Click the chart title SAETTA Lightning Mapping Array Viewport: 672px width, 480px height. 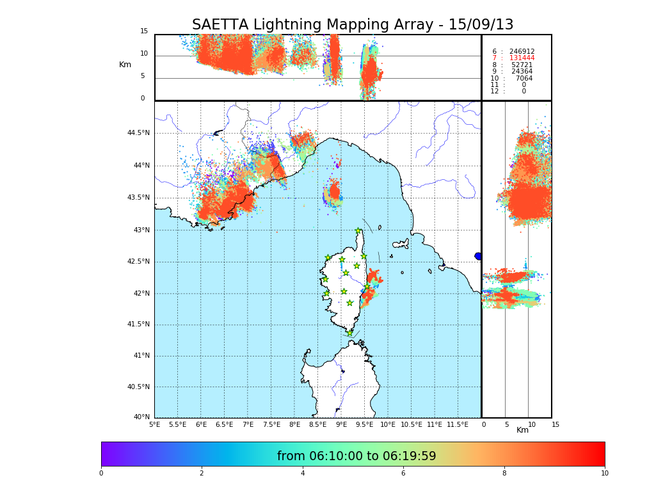point(353,25)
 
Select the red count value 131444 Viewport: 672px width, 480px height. point(522,58)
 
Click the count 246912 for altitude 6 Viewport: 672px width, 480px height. point(522,51)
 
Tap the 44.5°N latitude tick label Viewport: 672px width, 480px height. point(138,133)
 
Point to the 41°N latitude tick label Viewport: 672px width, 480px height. point(141,356)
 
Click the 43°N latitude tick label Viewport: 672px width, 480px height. point(141,230)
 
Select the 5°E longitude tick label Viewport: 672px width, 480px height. point(154,424)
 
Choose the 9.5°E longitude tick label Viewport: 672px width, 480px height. point(365,424)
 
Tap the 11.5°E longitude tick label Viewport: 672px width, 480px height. point(458,424)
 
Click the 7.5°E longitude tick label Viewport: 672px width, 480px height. point(271,424)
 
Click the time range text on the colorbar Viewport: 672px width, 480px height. point(356,456)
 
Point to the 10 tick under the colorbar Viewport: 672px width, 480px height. point(604,474)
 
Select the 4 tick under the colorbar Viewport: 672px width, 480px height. point(303,474)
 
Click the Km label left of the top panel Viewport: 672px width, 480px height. point(125,65)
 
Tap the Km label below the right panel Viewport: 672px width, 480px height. point(523,430)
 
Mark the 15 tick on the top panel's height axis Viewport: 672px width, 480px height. point(144,31)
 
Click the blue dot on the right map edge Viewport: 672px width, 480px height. point(478,256)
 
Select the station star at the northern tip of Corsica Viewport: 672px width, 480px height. point(358,231)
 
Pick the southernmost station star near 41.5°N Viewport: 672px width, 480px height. point(350,333)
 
